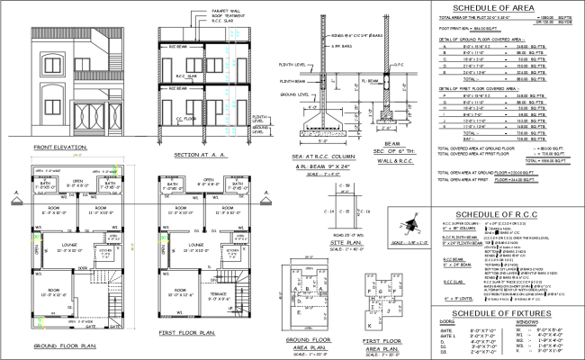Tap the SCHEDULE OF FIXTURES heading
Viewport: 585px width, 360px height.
click(x=487, y=311)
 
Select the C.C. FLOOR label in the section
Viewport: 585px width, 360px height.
click(x=187, y=118)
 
